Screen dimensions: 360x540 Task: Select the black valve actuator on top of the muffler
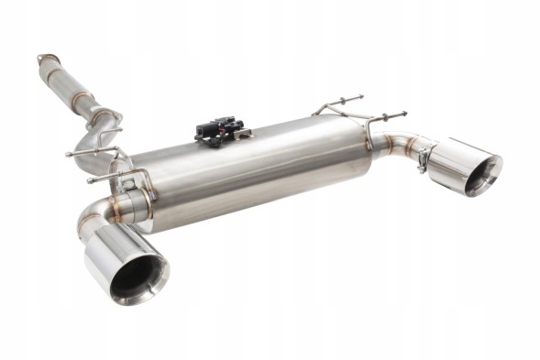[220, 130]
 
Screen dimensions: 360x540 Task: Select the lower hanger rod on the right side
[385, 117]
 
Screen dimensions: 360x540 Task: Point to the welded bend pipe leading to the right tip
[394, 144]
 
